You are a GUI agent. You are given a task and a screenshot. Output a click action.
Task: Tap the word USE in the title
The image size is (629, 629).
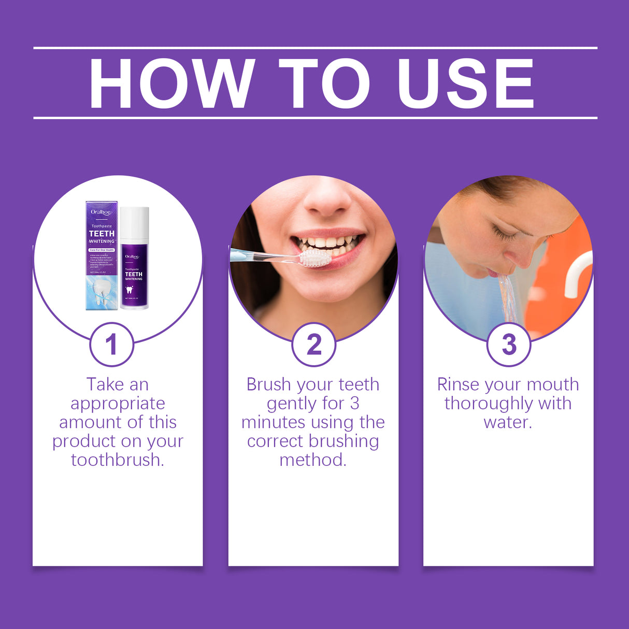(465, 84)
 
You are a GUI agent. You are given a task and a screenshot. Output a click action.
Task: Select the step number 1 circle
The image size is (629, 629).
(111, 345)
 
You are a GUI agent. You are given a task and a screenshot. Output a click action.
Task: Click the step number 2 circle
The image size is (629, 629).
(313, 345)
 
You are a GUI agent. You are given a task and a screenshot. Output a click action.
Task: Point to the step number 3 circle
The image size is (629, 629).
(509, 345)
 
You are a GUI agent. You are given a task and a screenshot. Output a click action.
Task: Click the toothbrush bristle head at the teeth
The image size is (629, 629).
(314, 258)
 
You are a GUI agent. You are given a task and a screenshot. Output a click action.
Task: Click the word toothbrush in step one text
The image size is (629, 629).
(118, 460)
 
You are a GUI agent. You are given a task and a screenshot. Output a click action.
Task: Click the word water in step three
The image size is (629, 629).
(507, 422)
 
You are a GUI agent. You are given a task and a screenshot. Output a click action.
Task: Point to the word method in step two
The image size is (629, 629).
(313, 460)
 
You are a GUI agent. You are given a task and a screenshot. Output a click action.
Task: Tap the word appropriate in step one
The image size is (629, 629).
(118, 404)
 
